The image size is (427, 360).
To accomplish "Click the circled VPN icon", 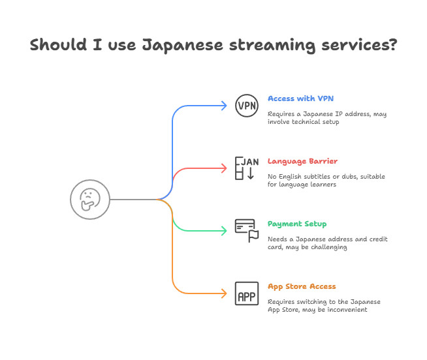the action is [x=247, y=106].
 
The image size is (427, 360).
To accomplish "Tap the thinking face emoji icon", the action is [x=90, y=200].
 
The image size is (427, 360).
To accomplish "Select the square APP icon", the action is [x=247, y=293].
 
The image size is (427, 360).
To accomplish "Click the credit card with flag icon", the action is [x=247, y=231].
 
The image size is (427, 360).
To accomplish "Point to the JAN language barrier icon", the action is [x=247, y=168].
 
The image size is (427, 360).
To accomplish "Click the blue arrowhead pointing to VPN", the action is [x=224, y=106].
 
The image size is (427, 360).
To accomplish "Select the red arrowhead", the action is [x=224, y=168].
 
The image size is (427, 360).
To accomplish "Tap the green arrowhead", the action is [x=224, y=231].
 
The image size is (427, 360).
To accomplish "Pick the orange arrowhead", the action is [x=224, y=293].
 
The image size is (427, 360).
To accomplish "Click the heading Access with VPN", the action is [x=300, y=98].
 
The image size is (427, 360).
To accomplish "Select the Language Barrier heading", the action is [x=302, y=161].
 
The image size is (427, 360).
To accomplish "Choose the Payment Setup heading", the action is [x=297, y=224].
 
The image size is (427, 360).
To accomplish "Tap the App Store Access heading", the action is [x=302, y=286].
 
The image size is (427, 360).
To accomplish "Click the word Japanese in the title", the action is [x=182, y=45].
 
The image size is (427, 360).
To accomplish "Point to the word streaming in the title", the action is [x=272, y=45].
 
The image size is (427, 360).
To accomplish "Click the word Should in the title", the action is [x=58, y=44].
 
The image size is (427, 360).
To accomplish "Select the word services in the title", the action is [x=359, y=44].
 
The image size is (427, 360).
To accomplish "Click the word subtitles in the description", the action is [x=317, y=176].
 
